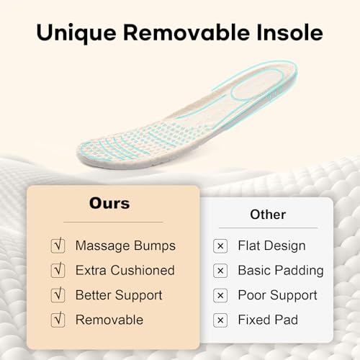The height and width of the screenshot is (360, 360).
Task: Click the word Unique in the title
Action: point(76,33)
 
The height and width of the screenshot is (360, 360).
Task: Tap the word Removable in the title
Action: point(186,32)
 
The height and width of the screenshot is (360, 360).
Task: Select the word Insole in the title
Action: point(289,32)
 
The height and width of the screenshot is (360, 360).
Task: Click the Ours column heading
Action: point(109,203)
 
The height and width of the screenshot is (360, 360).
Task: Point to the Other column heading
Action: point(268,215)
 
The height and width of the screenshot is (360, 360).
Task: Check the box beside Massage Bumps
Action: point(58,246)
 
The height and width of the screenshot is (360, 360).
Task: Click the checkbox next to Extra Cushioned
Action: point(58,270)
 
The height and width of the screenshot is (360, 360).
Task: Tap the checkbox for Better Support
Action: point(58,294)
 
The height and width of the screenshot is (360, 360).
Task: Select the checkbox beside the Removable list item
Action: point(58,320)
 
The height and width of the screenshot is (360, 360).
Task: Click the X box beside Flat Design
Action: point(220,246)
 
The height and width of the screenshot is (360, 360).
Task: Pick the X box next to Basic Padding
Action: point(220,271)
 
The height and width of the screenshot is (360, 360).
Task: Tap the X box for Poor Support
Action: point(220,295)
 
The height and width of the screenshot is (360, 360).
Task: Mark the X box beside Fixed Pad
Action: point(220,320)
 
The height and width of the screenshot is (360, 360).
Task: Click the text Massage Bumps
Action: point(125,246)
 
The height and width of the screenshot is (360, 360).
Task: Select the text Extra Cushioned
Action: point(125,270)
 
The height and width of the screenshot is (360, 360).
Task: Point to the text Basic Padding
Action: point(281,271)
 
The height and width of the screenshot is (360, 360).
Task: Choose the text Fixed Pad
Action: point(268,320)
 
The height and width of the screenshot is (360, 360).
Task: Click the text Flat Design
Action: point(271,246)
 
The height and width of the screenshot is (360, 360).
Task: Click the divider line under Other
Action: point(268,228)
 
